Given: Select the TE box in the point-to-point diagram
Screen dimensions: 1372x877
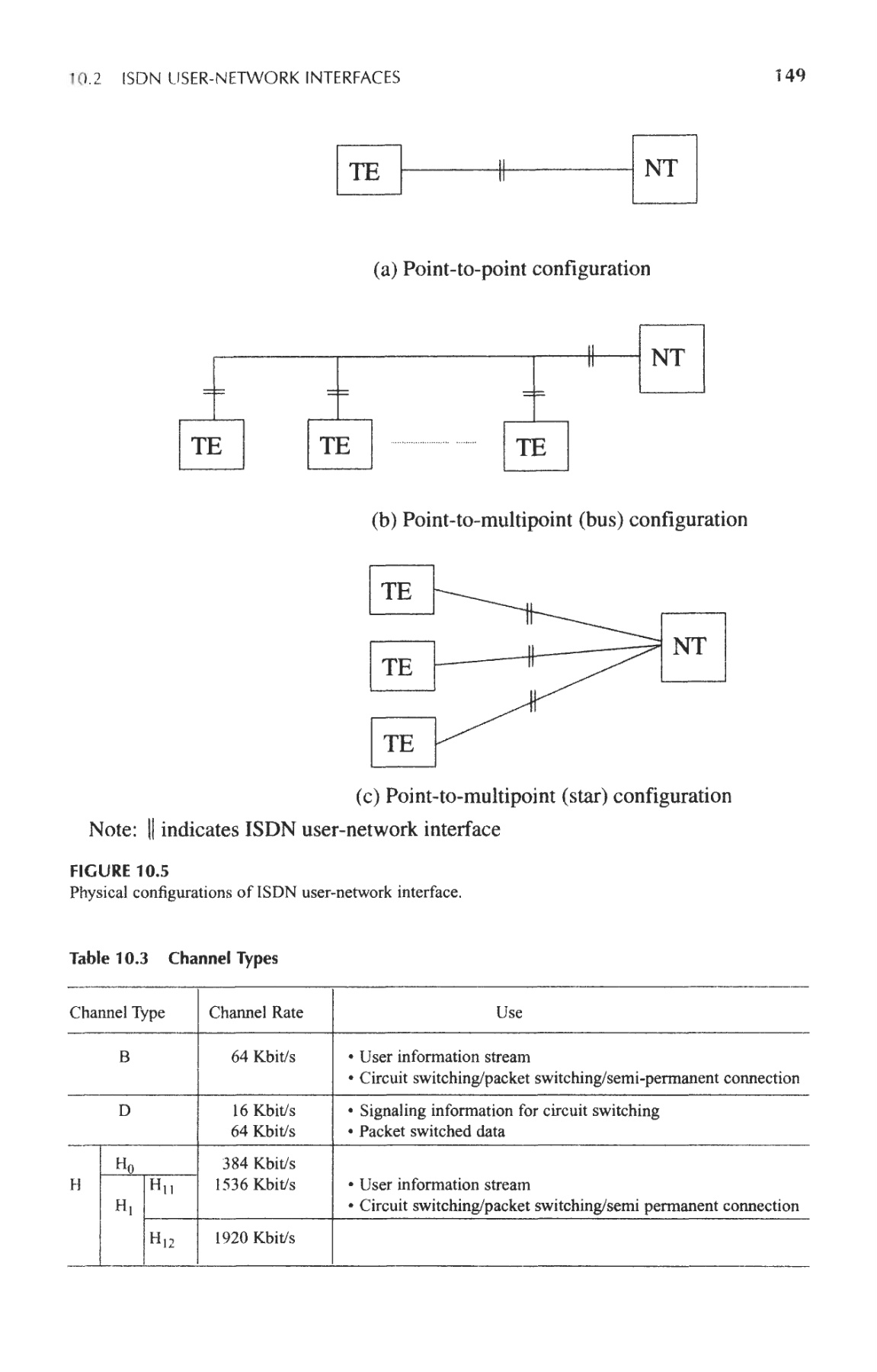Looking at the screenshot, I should tap(369, 170).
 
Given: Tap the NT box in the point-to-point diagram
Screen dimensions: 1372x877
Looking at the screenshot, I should tap(664, 168).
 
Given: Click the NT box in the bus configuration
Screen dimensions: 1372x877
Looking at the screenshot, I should tap(671, 358).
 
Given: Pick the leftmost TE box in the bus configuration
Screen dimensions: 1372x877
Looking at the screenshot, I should tap(211, 445).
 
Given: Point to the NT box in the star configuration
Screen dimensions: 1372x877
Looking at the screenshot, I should tap(693, 647).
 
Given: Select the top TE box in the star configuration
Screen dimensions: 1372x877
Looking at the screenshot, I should tap(401, 590).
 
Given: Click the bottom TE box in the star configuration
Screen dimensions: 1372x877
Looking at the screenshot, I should tap(402, 742).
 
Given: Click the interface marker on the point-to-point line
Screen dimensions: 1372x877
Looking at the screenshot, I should tap(501, 171).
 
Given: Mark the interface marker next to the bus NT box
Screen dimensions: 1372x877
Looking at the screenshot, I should tap(591, 355).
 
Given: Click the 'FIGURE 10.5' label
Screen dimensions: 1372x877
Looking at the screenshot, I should tap(119, 871).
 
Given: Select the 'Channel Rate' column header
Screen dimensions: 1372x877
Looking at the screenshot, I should tap(256, 1012).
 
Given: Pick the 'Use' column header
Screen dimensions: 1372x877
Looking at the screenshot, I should tap(509, 1012).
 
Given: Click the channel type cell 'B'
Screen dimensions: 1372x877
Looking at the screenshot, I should tap(125, 1057).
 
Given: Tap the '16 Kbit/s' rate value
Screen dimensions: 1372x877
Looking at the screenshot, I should tap(264, 1111).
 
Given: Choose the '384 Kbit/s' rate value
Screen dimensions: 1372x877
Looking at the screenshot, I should tap(258, 1164).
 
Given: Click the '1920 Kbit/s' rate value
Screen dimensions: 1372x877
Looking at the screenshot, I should tap(254, 1238).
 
